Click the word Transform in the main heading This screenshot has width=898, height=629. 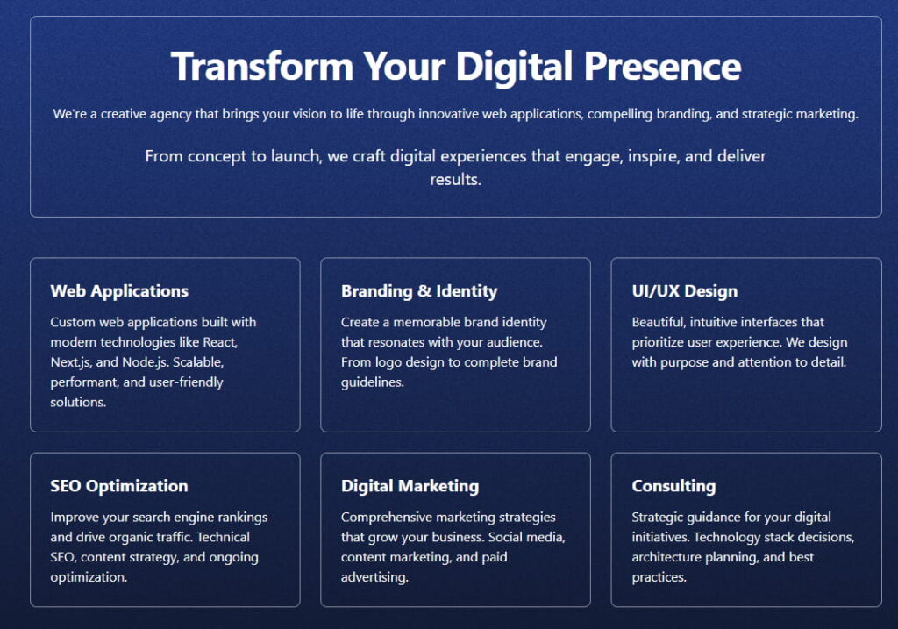point(262,66)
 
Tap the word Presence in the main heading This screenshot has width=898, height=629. point(663,66)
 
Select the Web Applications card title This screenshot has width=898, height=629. point(119,291)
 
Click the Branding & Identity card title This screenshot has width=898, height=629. point(419,291)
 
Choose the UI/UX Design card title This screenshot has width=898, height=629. point(684,291)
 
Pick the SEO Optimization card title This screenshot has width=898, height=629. point(119,486)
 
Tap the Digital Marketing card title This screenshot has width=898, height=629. point(410,486)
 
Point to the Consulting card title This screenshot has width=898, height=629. point(673,486)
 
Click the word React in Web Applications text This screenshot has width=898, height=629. point(220,342)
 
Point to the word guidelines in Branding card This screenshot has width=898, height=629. point(372,382)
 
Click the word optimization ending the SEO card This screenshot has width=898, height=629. point(89,577)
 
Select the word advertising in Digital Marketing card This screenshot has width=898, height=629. point(374,577)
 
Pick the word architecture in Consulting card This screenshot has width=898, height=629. point(666,557)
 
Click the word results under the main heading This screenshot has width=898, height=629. point(455,180)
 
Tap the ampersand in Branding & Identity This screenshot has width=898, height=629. point(424,291)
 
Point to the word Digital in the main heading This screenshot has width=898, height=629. point(514,67)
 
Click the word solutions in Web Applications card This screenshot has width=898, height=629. point(78,402)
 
